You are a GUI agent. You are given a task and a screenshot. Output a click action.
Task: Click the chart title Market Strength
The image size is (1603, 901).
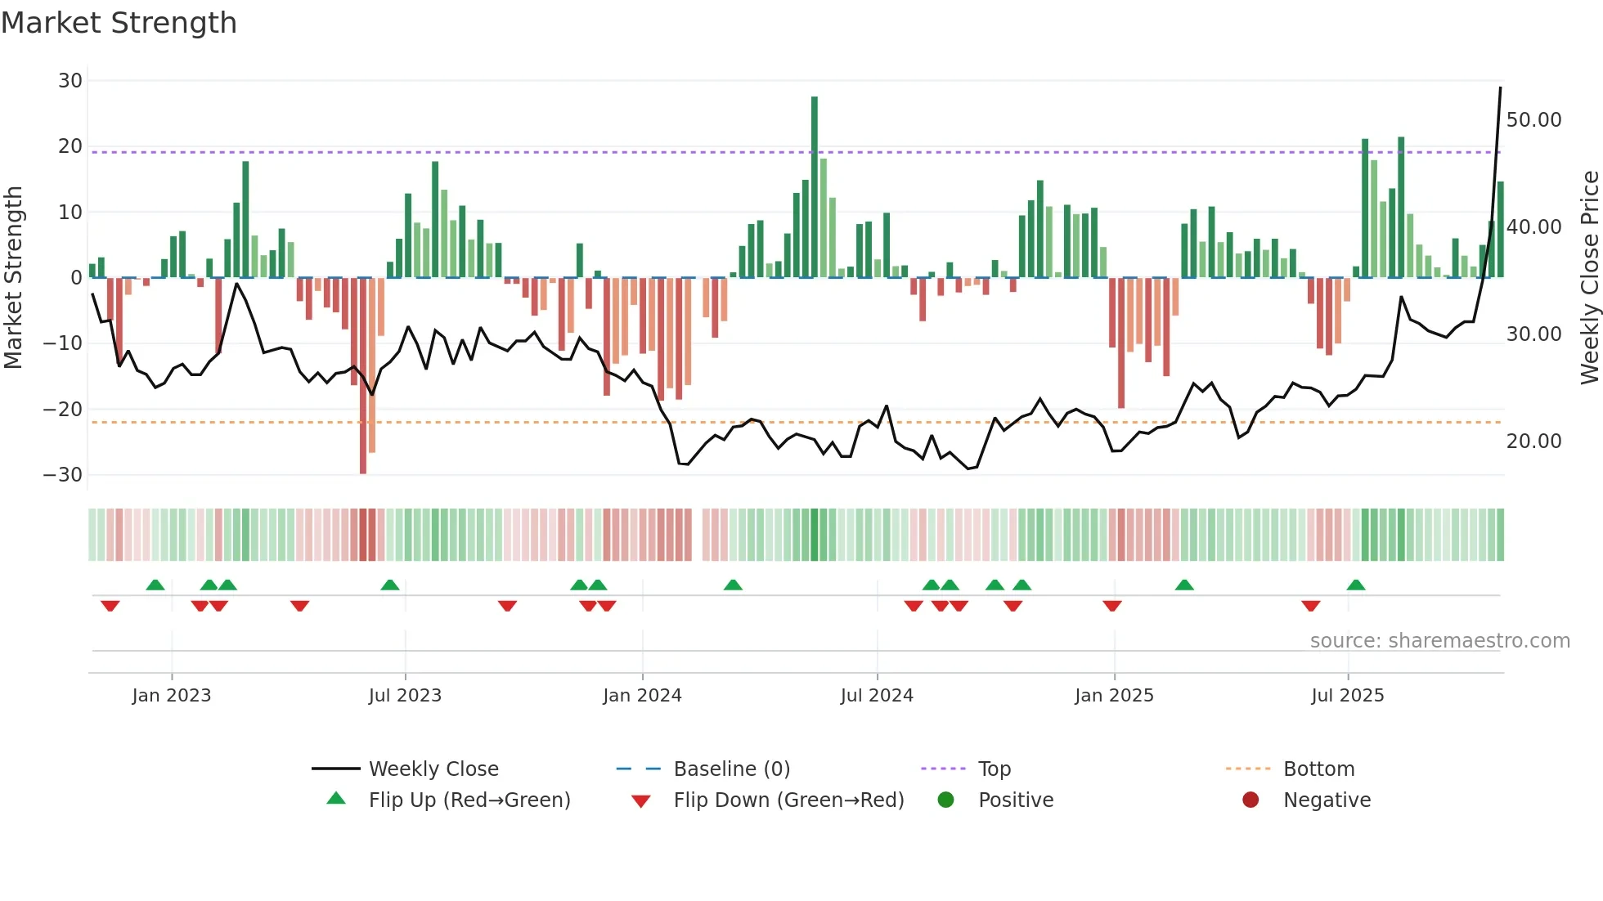(x=119, y=23)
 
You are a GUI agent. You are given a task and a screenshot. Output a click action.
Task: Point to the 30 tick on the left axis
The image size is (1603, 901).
(x=70, y=81)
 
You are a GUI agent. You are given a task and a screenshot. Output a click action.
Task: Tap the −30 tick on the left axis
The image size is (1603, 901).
(x=63, y=475)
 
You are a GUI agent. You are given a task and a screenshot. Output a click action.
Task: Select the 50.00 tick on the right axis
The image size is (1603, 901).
(x=1533, y=120)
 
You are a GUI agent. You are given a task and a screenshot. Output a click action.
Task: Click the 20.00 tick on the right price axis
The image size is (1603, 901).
(x=1533, y=442)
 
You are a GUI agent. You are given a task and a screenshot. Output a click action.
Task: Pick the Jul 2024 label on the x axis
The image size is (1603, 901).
(x=877, y=696)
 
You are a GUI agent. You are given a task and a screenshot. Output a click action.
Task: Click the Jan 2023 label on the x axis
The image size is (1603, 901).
(x=172, y=696)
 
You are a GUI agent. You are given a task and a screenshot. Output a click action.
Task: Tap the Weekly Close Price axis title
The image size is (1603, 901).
(x=1589, y=278)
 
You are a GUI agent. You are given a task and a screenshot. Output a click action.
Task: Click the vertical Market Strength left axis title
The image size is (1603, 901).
(x=13, y=278)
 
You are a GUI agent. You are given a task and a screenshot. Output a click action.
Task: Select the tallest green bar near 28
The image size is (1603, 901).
(x=815, y=188)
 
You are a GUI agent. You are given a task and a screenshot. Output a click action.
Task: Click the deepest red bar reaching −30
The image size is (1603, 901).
(x=363, y=376)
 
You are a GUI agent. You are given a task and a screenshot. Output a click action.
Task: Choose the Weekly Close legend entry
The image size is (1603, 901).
(x=433, y=769)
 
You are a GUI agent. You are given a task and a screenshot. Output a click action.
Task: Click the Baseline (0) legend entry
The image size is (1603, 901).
(x=731, y=769)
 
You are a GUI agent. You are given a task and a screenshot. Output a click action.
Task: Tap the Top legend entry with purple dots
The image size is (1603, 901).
(x=994, y=769)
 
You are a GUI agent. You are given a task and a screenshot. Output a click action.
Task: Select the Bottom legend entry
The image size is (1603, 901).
(x=1318, y=769)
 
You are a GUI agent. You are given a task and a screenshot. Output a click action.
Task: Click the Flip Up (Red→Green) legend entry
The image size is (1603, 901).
(x=469, y=800)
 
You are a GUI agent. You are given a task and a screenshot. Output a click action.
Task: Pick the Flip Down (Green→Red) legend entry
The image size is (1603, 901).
(x=788, y=800)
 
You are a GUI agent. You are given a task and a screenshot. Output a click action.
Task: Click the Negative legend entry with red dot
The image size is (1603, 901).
(x=1326, y=800)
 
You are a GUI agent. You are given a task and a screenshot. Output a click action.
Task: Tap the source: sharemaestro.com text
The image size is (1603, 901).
(x=1439, y=641)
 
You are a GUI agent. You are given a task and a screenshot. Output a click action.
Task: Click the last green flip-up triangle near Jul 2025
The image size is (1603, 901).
(x=1356, y=585)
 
